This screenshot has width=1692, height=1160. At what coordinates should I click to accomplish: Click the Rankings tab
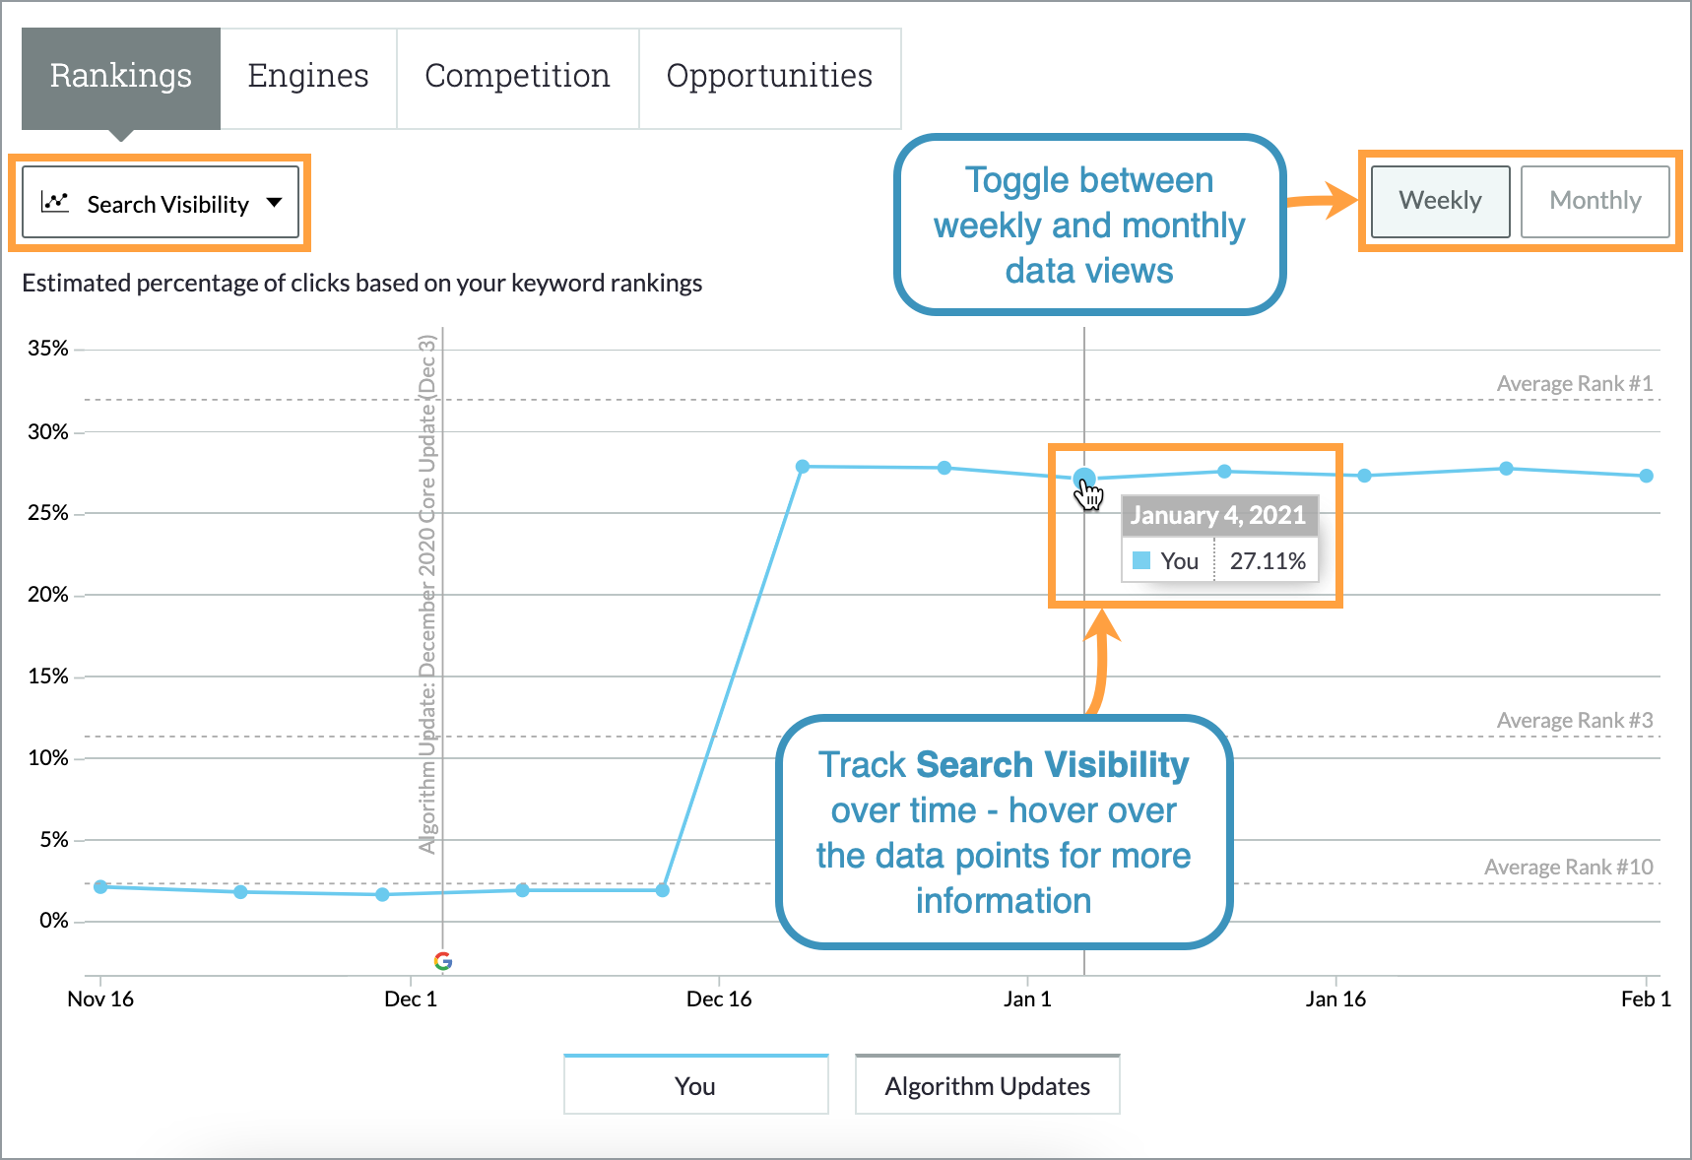click(121, 77)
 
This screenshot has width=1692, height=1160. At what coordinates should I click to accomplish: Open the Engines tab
click(308, 77)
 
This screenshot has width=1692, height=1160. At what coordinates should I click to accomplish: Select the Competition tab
click(517, 77)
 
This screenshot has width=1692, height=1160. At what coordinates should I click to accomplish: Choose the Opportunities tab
click(769, 77)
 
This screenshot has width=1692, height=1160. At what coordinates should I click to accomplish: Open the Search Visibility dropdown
click(161, 203)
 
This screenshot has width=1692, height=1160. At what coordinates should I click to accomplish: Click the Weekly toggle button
click(1440, 201)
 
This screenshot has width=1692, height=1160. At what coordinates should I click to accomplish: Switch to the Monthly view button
click(1594, 201)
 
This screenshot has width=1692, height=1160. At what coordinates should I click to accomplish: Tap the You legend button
click(695, 1085)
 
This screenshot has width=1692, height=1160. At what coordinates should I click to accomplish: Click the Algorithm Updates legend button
click(987, 1085)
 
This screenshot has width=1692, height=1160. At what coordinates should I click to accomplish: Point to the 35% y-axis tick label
click(48, 349)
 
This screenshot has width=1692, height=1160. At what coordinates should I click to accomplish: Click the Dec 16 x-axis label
click(718, 999)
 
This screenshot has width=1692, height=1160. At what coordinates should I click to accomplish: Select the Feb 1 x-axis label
click(1645, 999)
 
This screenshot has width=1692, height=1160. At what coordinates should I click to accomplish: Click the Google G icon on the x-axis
click(443, 961)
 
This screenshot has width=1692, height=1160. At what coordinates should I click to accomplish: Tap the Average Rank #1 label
click(1574, 384)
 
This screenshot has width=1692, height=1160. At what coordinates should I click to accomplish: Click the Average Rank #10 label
click(1568, 868)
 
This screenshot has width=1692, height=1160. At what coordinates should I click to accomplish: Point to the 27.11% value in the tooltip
click(1267, 561)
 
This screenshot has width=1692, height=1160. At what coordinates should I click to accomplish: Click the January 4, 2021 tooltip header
click(1217, 515)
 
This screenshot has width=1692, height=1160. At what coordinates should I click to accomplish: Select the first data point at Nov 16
click(100, 887)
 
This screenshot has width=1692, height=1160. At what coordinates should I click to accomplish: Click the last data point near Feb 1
click(1647, 476)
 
